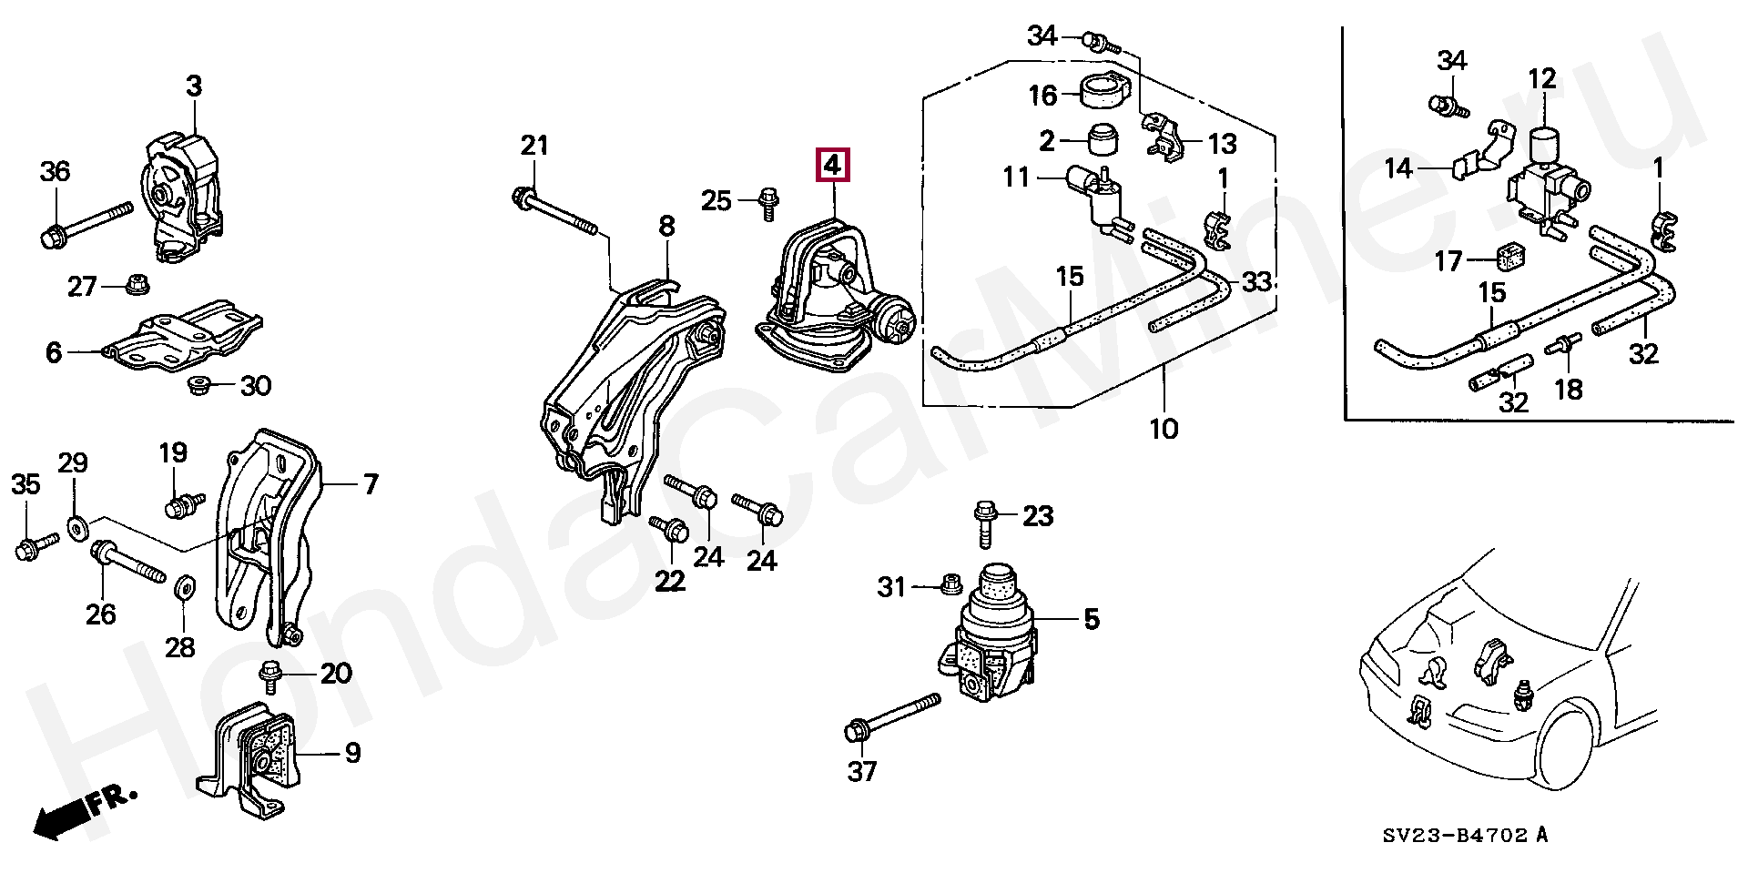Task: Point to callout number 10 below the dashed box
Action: (1164, 428)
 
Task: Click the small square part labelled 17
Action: (1511, 260)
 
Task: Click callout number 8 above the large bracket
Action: (666, 227)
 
